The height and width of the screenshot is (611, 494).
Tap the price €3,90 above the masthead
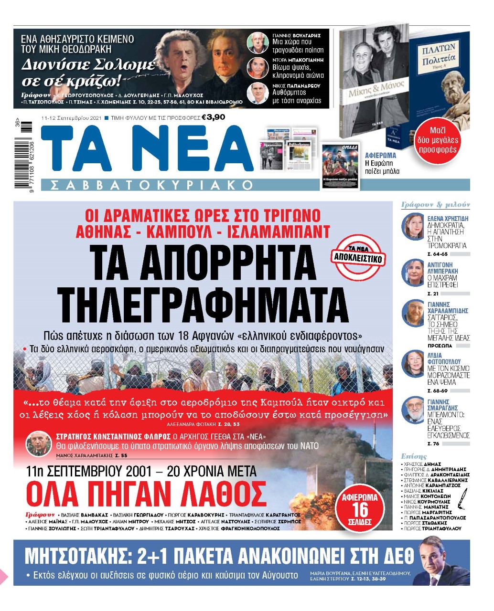(x=213, y=117)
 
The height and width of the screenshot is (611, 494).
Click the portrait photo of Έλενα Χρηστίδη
(x=412, y=227)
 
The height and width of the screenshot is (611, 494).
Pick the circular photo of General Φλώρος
(x=38, y=444)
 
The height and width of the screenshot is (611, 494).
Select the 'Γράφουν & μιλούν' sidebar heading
(x=435, y=205)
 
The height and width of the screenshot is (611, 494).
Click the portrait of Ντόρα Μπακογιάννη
(x=258, y=68)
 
